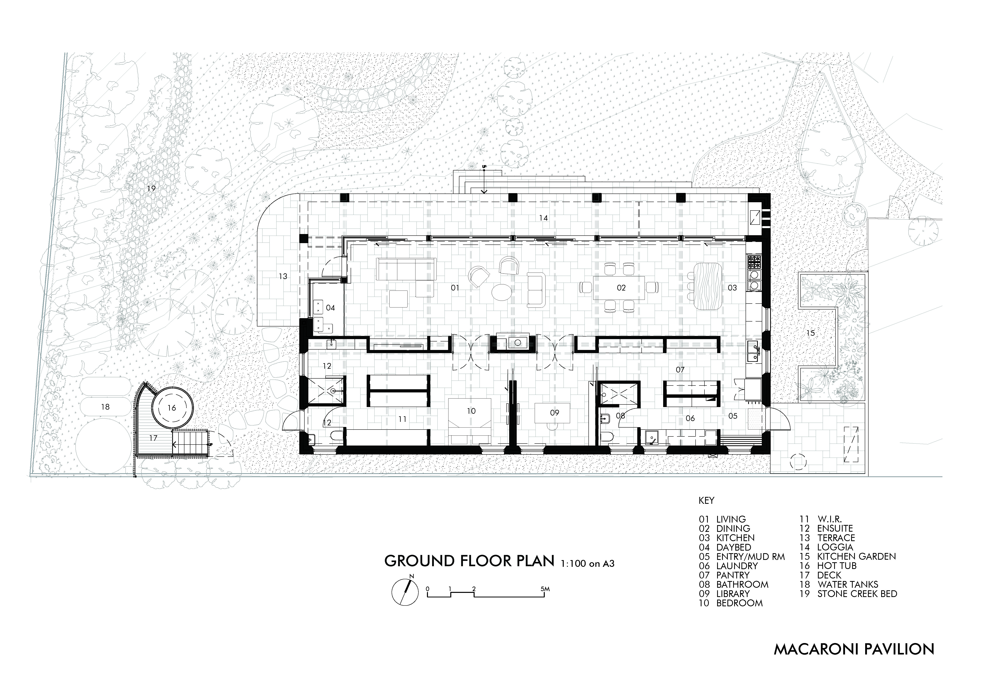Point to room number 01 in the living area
tap(455, 288)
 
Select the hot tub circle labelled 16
tap(171, 408)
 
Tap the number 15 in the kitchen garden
tap(811, 334)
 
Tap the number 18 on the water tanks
tap(105, 407)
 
